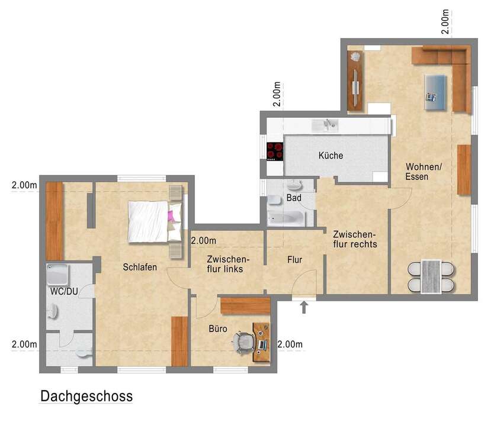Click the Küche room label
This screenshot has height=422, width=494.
click(331, 156)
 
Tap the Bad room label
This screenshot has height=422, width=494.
click(294, 198)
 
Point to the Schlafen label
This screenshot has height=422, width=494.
click(140, 267)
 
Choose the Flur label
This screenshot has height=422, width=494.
click(295, 259)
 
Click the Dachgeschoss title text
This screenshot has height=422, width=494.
click(86, 396)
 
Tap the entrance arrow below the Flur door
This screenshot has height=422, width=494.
click(304, 307)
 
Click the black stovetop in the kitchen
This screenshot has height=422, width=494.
click(275, 152)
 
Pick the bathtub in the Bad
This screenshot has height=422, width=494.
click(285, 218)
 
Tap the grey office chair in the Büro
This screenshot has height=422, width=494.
click(243, 342)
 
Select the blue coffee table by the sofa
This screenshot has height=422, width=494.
click(435, 92)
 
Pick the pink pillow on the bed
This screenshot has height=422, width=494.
click(173, 215)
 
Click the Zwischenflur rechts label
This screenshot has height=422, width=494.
click(355, 239)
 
